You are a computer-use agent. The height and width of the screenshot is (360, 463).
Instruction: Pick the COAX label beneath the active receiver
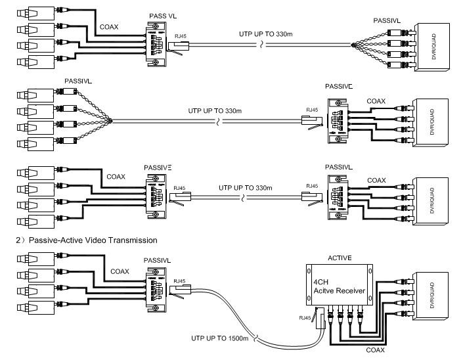pyautogui.click(x=375, y=351)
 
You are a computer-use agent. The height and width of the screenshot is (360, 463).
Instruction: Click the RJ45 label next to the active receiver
pyautogui.click(x=304, y=319)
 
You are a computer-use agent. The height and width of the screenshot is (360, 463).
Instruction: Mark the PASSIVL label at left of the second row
pyautogui.click(x=78, y=81)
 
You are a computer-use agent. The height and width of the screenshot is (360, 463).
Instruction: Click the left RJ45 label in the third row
pyautogui.click(x=178, y=187)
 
